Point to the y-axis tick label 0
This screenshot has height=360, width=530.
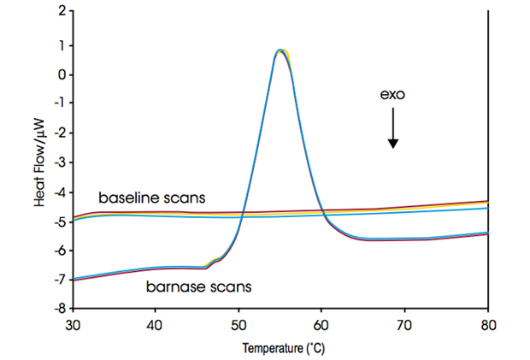point(60,74)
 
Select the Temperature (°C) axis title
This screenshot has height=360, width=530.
point(280,349)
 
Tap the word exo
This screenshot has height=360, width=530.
point(392,95)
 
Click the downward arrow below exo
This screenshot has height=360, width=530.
point(392,129)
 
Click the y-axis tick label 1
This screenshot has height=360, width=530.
point(60,44)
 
